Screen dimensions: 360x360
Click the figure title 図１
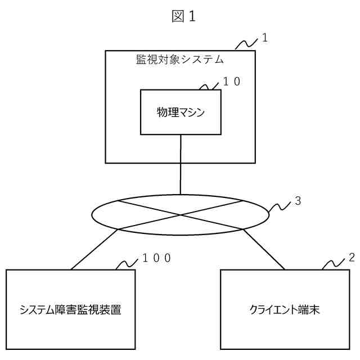click(x=183, y=17)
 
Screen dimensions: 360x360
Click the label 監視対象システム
click(x=180, y=58)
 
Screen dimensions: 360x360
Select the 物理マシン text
click(x=180, y=112)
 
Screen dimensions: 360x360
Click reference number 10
click(x=232, y=81)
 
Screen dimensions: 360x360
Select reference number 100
click(x=156, y=258)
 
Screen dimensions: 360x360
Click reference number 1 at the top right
click(x=265, y=39)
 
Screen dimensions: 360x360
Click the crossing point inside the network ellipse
click(x=181, y=214)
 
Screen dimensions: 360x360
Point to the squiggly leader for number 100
click(x=127, y=263)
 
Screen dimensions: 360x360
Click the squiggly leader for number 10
click(x=210, y=86)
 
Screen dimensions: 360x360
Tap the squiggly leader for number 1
click(x=245, y=44)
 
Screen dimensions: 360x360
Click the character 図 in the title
click(x=177, y=17)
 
